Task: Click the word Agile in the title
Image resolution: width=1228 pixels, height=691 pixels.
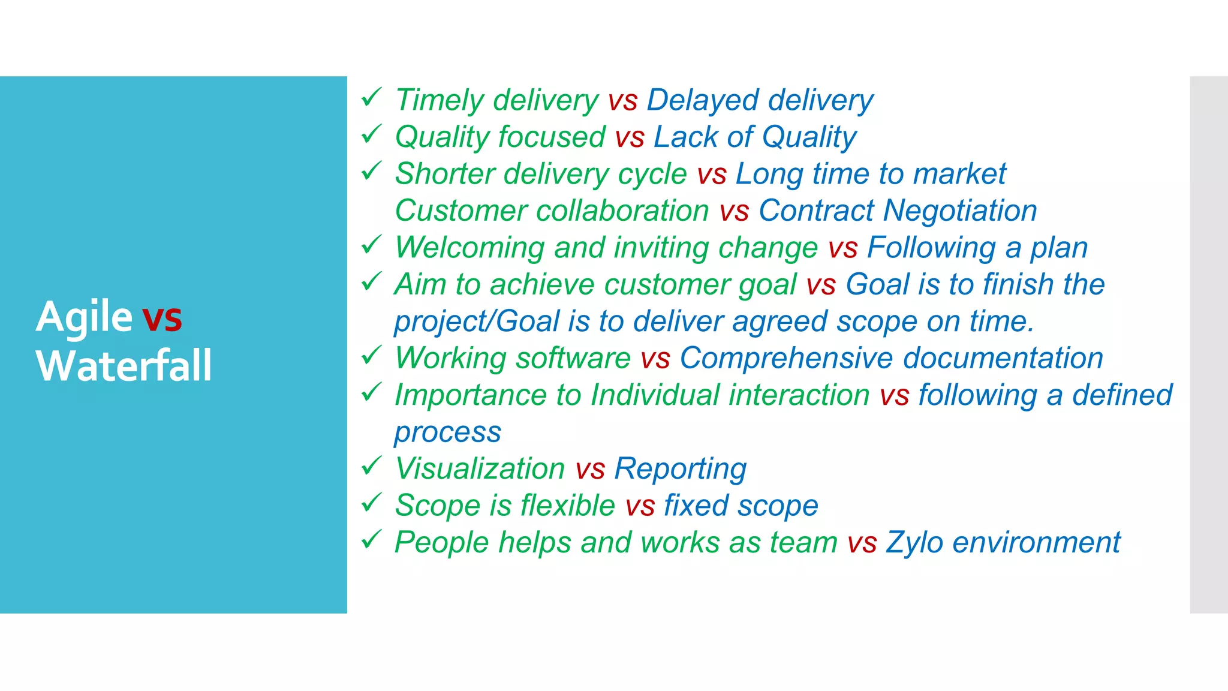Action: click(x=84, y=317)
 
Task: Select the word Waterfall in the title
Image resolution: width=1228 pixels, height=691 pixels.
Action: click(x=124, y=365)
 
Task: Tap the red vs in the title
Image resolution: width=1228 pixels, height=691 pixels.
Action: click(x=162, y=317)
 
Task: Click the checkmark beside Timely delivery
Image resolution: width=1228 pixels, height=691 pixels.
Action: click(x=372, y=97)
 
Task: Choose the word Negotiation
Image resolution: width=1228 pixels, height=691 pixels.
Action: click(x=960, y=211)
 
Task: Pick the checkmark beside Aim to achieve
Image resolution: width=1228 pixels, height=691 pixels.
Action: click(x=372, y=281)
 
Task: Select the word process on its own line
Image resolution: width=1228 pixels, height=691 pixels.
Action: click(x=447, y=432)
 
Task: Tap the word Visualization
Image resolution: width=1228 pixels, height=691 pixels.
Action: click(x=480, y=468)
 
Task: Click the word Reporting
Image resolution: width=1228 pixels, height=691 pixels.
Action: click(x=680, y=469)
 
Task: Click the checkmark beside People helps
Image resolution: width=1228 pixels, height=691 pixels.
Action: click(x=372, y=539)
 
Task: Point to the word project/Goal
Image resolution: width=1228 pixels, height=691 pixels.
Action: click(x=477, y=322)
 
